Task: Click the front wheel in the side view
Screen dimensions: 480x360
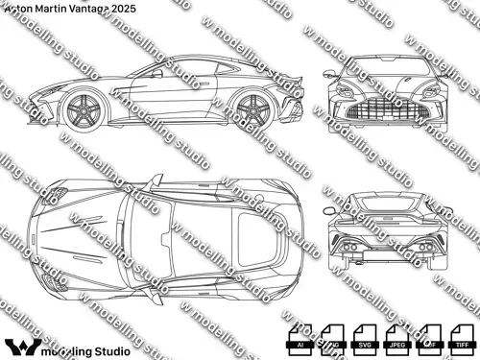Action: pyautogui.click(x=84, y=108)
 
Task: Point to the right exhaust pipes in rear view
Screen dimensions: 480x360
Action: pyautogui.click(x=422, y=249)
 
